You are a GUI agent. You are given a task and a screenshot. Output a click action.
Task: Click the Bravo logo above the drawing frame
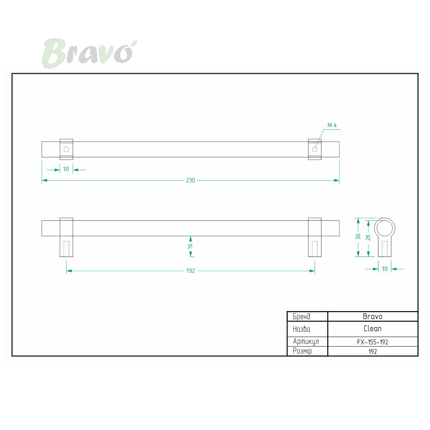pos(89,53)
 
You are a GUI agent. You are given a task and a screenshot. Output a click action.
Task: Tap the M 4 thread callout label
pos(332,125)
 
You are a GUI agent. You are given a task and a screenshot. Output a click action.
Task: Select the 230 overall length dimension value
pos(190,180)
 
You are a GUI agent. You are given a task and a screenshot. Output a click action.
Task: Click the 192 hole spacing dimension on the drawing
pos(191,271)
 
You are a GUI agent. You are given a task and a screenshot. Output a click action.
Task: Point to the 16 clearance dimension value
pos(190,246)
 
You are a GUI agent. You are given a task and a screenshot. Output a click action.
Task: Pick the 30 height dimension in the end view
pos(358,236)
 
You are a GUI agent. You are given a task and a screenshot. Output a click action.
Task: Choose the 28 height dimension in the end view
pos(368,238)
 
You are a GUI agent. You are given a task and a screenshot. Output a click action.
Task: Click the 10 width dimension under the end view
pos(384,269)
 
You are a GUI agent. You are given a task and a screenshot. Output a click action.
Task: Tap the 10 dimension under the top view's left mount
pos(66,169)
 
